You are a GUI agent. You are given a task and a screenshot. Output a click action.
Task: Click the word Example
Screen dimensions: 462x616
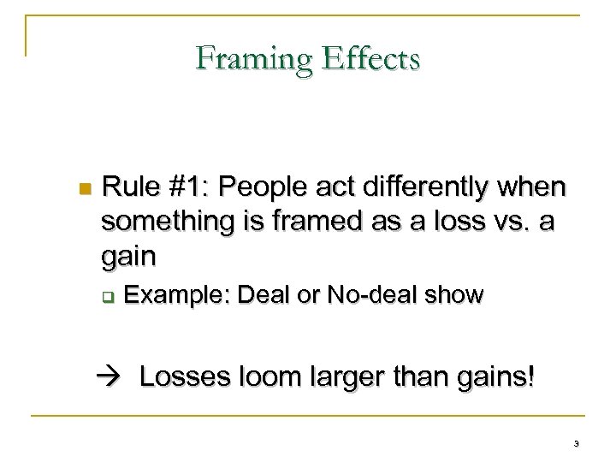tap(174, 296)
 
